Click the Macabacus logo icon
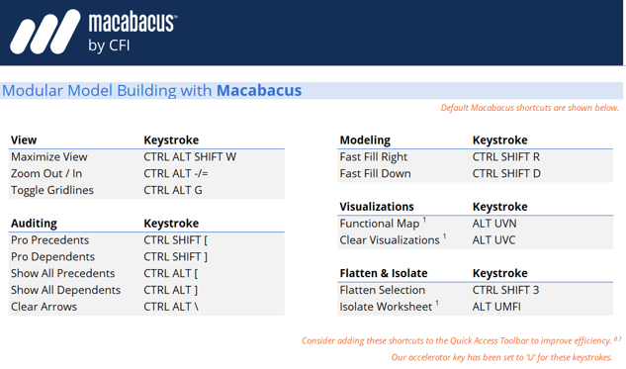coord(45,32)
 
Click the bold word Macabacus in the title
coord(259,91)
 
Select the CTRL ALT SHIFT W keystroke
coord(190,156)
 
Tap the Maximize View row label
coord(49,156)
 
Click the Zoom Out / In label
coord(46,173)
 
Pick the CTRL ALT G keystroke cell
coord(173,190)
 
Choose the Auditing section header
coord(34,224)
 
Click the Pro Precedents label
coord(49,240)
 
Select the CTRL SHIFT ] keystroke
coord(176,257)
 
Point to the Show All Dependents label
coord(65,290)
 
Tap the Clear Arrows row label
coord(44,307)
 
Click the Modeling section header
coord(365,140)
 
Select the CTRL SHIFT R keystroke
coord(506,156)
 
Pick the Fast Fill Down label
coord(375,173)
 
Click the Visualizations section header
coord(377,207)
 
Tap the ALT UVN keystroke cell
coord(494,224)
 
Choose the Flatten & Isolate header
coord(384,273)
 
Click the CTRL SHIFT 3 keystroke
coord(506,290)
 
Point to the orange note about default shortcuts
coord(530,108)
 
